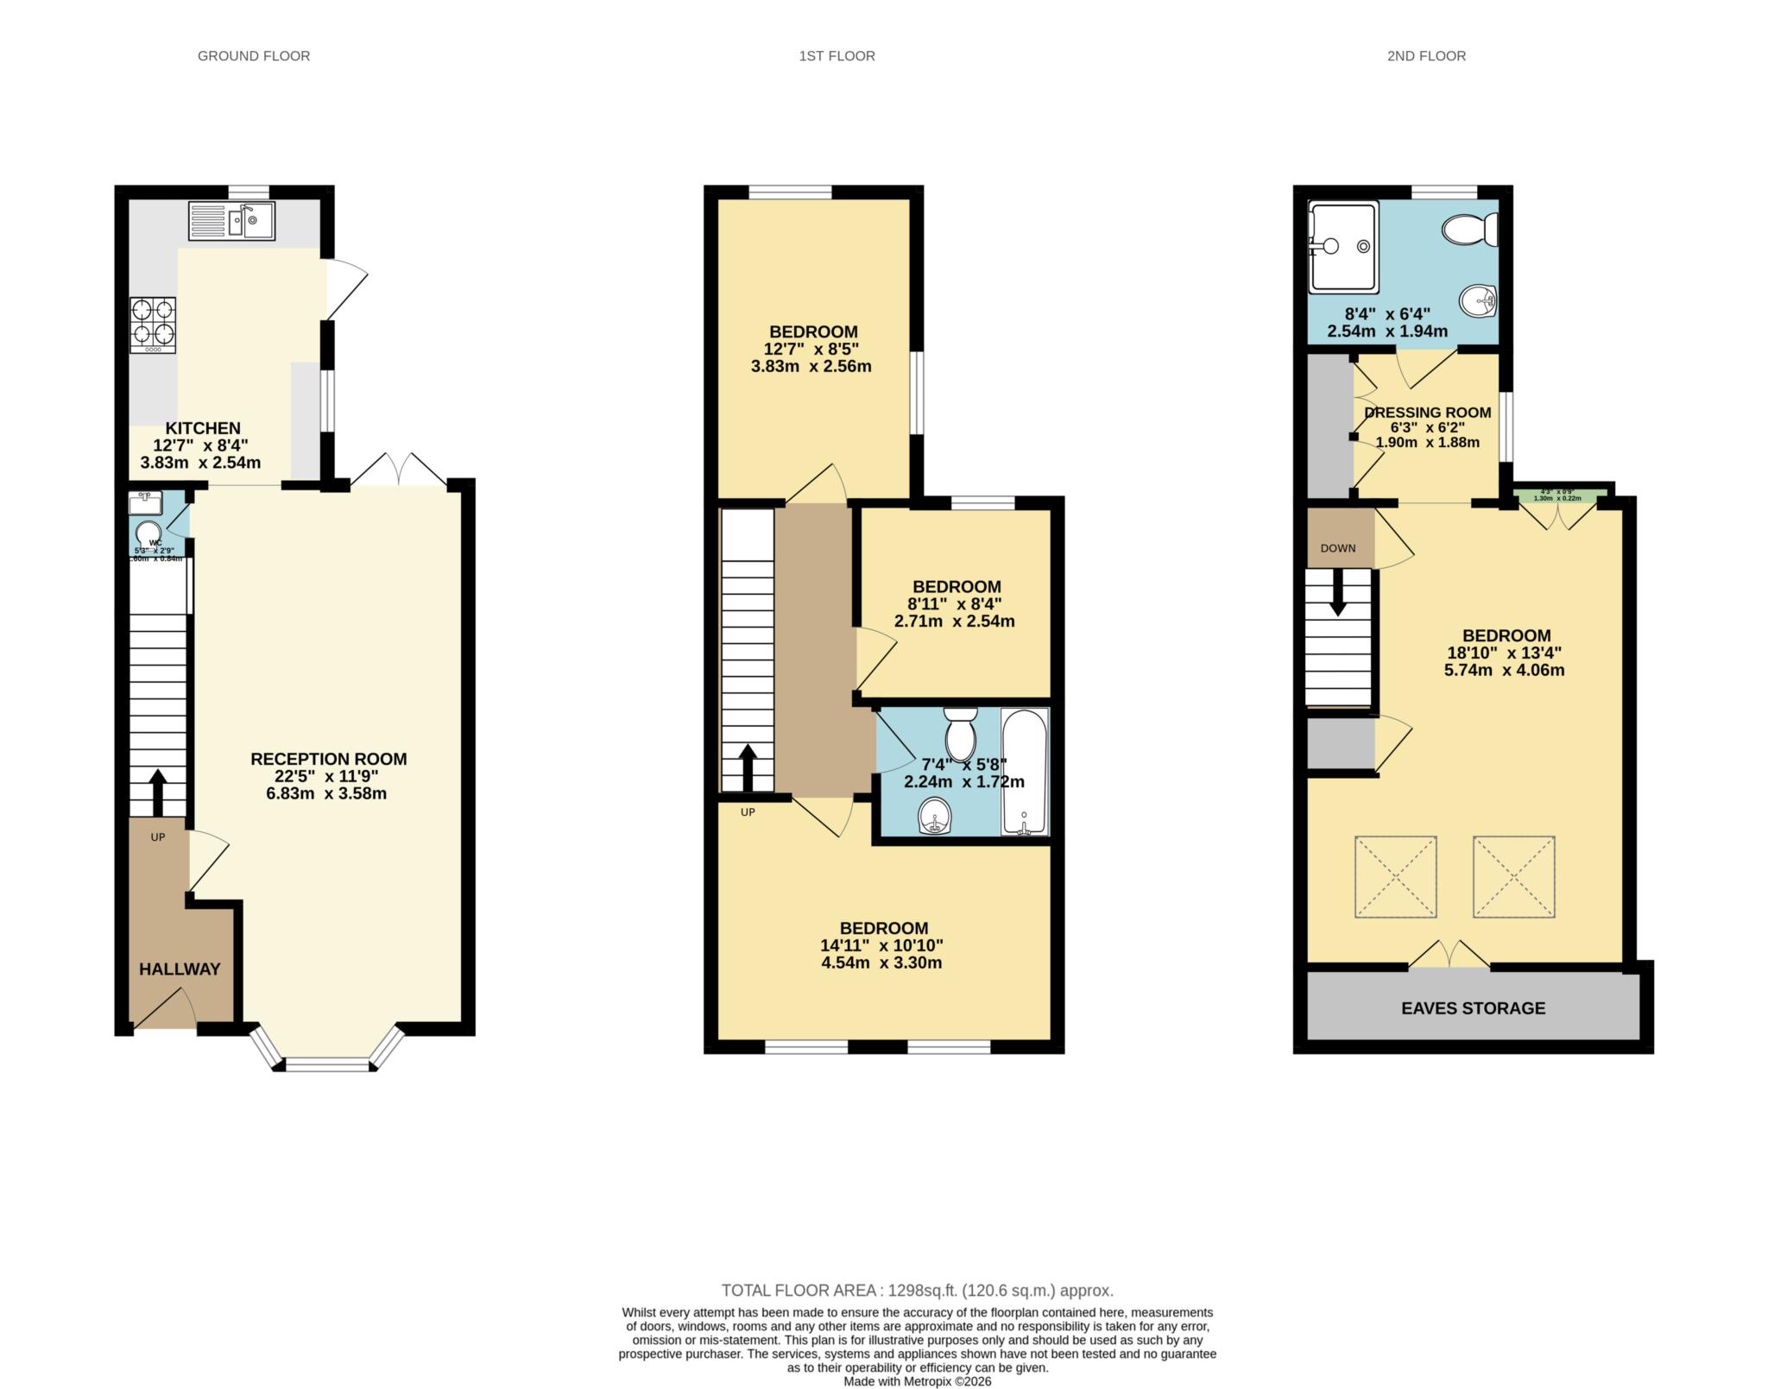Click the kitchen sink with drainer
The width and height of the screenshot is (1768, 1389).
click(230, 220)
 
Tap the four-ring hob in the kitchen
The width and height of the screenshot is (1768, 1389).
click(153, 324)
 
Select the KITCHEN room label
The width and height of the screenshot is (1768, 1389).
click(203, 428)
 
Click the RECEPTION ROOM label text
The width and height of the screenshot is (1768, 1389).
click(328, 759)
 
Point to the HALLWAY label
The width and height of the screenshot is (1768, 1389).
click(180, 969)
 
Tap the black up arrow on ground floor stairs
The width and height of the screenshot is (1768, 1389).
click(158, 792)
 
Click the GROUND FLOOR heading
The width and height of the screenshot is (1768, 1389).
click(254, 56)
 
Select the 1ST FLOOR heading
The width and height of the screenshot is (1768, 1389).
click(837, 56)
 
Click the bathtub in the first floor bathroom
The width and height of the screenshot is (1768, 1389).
click(1025, 771)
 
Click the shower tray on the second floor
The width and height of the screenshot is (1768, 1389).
click(1342, 247)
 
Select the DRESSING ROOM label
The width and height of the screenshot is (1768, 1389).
click(1427, 413)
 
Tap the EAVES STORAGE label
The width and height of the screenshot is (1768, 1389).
click(1473, 1007)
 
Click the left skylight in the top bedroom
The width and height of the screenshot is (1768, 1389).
click(1395, 876)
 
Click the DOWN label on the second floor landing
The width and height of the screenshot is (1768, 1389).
click(1337, 548)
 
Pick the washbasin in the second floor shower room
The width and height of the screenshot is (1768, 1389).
click(1478, 301)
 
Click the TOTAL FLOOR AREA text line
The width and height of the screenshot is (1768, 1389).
click(917, 1291)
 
